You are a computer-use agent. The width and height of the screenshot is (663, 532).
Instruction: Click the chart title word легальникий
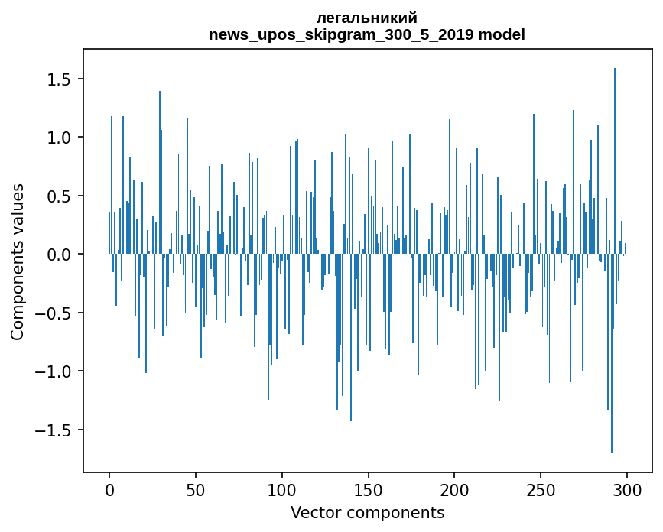point(367,18)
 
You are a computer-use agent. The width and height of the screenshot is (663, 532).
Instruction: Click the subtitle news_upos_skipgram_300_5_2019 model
point(367,34)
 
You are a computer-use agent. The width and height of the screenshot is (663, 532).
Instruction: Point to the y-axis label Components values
point(18,261)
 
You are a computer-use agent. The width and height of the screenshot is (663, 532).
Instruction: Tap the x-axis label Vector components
point(367,512)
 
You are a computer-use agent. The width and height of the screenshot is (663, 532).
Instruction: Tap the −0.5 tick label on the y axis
point(57,313)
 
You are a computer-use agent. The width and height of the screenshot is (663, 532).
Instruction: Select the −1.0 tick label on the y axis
point(57,371)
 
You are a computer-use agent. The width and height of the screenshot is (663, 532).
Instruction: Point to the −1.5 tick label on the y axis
point(57,430)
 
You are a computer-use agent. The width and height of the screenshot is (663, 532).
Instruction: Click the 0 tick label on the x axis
point(109,488)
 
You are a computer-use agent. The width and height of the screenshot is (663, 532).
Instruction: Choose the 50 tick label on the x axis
point(196,488)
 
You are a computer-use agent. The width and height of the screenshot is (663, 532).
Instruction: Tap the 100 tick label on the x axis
point(282,488)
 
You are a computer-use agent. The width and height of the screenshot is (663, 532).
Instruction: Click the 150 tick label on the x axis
point(369,488)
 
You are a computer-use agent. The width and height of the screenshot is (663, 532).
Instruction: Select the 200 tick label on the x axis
point(455,488)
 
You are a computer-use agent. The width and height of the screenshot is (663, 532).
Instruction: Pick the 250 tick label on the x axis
point(541,488)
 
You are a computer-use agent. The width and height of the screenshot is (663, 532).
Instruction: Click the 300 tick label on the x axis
point(627,488)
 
